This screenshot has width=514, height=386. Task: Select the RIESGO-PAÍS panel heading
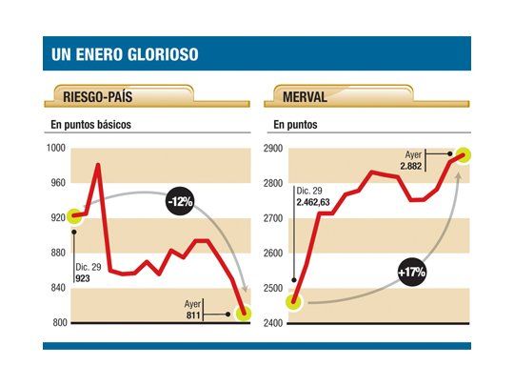click(101, 95)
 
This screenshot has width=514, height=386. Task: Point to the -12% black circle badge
click(178, 201)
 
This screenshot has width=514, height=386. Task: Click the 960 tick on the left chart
click(58, 182)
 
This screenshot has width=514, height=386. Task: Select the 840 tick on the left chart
click(58, 288)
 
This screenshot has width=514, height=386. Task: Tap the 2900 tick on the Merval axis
click(273, 148)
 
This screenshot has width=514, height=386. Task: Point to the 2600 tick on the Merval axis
click(273, 253)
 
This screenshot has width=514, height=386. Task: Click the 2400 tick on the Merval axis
click(273, 323)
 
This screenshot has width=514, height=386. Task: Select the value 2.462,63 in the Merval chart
click(318, 202)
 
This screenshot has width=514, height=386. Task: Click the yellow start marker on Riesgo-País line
click(73, 216)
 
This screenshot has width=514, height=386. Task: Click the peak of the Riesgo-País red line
click(97, 165)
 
